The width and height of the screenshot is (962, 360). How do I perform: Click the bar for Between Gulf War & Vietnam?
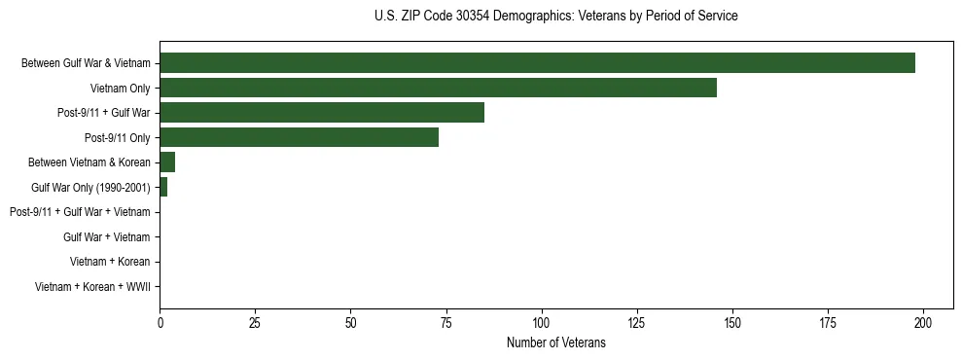(537, 63)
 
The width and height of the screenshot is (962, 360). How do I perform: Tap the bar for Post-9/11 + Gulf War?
(321, 113)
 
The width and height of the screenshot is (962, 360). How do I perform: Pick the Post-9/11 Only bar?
(299, 137)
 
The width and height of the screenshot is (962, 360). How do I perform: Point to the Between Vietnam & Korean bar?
(167, 162)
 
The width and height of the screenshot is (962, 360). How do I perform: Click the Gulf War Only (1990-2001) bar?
(163, 187)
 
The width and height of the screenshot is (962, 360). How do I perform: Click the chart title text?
(555, 17)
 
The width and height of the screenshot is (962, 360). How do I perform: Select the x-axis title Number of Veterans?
(555, 342)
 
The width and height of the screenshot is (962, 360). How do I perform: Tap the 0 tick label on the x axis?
(160, 323)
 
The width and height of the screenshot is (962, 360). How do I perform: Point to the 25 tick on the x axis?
(255, 323)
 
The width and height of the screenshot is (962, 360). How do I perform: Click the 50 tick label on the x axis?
(350, 323)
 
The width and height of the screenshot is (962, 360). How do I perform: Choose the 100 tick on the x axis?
(542, 323)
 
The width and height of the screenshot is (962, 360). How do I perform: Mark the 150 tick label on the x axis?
(732, 323)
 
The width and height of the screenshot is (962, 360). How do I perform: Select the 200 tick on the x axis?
(923, 323)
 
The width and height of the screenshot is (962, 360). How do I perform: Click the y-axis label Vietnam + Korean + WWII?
(92, 286)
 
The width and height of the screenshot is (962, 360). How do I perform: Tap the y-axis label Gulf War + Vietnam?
(106, 236)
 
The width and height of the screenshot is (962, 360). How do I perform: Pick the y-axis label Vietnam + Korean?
(110, 262)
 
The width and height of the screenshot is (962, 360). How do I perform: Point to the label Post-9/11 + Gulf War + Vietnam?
(80, 212)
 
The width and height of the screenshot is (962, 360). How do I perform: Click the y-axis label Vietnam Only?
(120, 89)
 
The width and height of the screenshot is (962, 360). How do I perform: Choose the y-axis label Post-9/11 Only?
(118, 138)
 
